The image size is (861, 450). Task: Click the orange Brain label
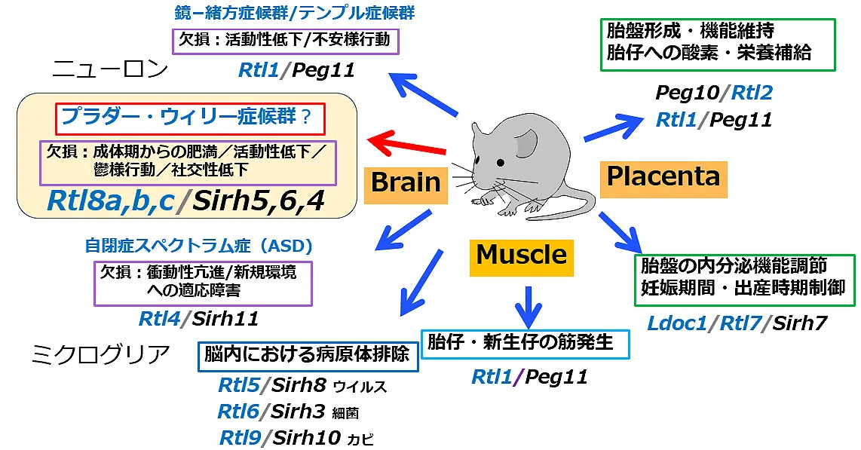click(x=406, y=182)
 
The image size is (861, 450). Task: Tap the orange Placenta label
click(x=663, y=176)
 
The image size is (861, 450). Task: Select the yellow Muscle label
click(x=521, y=255)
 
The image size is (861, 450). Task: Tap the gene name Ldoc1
click(x=677, y=323)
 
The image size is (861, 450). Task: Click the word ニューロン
click(x=110, y=70)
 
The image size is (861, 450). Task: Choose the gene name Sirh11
click(x=225, y=319)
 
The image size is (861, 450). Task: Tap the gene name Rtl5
click(x=237, y=386)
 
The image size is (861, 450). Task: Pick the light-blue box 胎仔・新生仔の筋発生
click(x=524, y=343)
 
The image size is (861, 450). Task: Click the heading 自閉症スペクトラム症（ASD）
click(x=198, y=246)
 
